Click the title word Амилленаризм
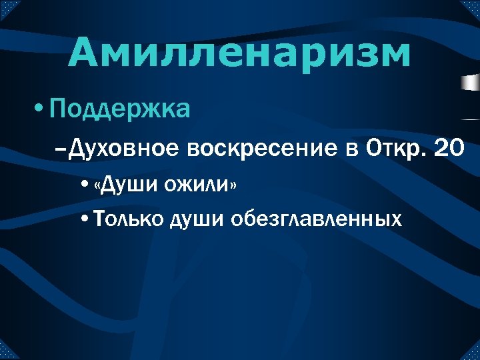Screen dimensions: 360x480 tap(239, 54)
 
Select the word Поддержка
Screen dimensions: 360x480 tap(119, 107)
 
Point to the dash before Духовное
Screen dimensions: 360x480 tap(62, 151)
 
